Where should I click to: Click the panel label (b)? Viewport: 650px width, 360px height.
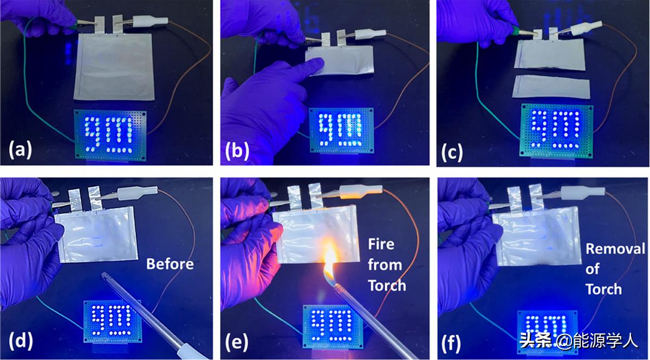coord(237,151)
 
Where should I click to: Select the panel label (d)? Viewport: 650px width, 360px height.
coord(21,341)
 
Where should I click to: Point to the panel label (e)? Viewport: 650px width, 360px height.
coord(237,342)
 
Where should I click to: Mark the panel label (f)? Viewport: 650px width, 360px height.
coord(451,343)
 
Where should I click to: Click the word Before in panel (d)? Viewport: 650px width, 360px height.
coord(170,264)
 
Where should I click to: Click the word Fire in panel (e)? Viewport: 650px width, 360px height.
coord(381,244)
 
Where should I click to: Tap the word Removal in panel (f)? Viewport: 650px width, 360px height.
coord(615,249)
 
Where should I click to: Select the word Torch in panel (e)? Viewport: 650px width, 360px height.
coord(387,285)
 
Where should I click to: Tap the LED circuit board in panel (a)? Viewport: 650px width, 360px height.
coord(110,135)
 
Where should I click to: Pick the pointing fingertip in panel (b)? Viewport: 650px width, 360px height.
coord(319,62)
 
